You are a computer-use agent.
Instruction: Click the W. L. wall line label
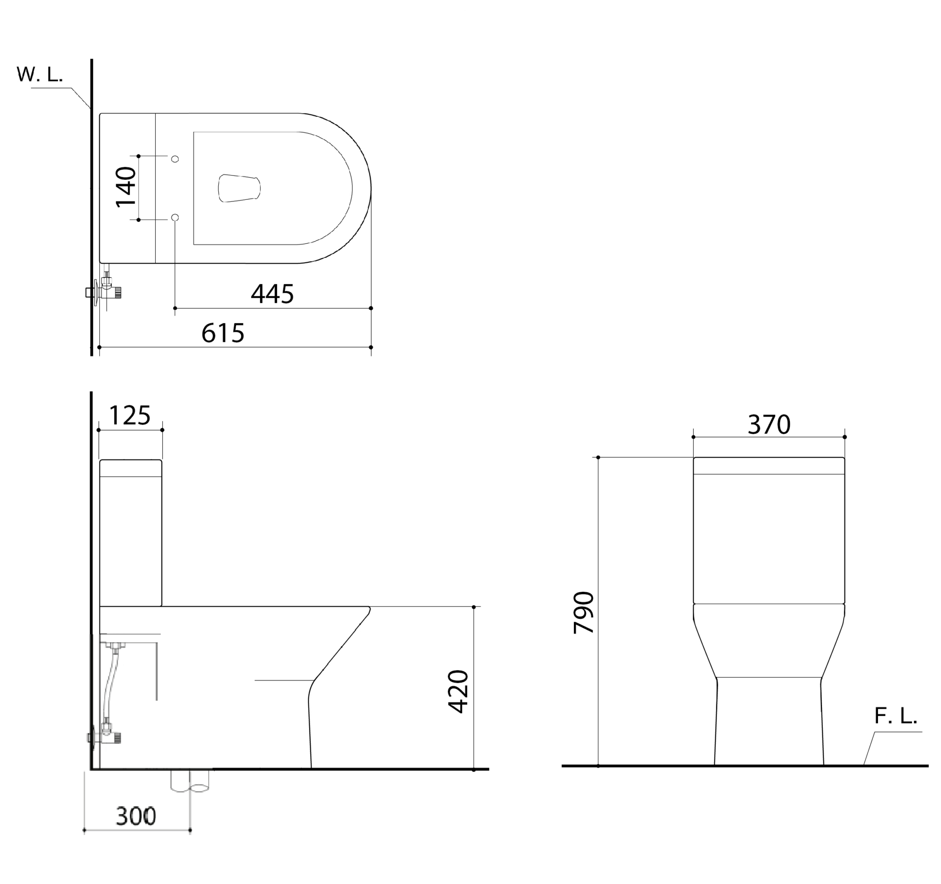coord(40,75)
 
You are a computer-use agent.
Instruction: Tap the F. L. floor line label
coord(896,715)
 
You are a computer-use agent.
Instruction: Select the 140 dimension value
coord(126,187)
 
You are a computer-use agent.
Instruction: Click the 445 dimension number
coord(272,294)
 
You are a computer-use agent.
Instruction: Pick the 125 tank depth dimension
coord(130,415)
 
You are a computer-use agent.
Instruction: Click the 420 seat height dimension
coord(458,691)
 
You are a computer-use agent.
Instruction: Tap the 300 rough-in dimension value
coord(136,816)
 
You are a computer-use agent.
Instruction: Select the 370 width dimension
coord(769,425)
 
